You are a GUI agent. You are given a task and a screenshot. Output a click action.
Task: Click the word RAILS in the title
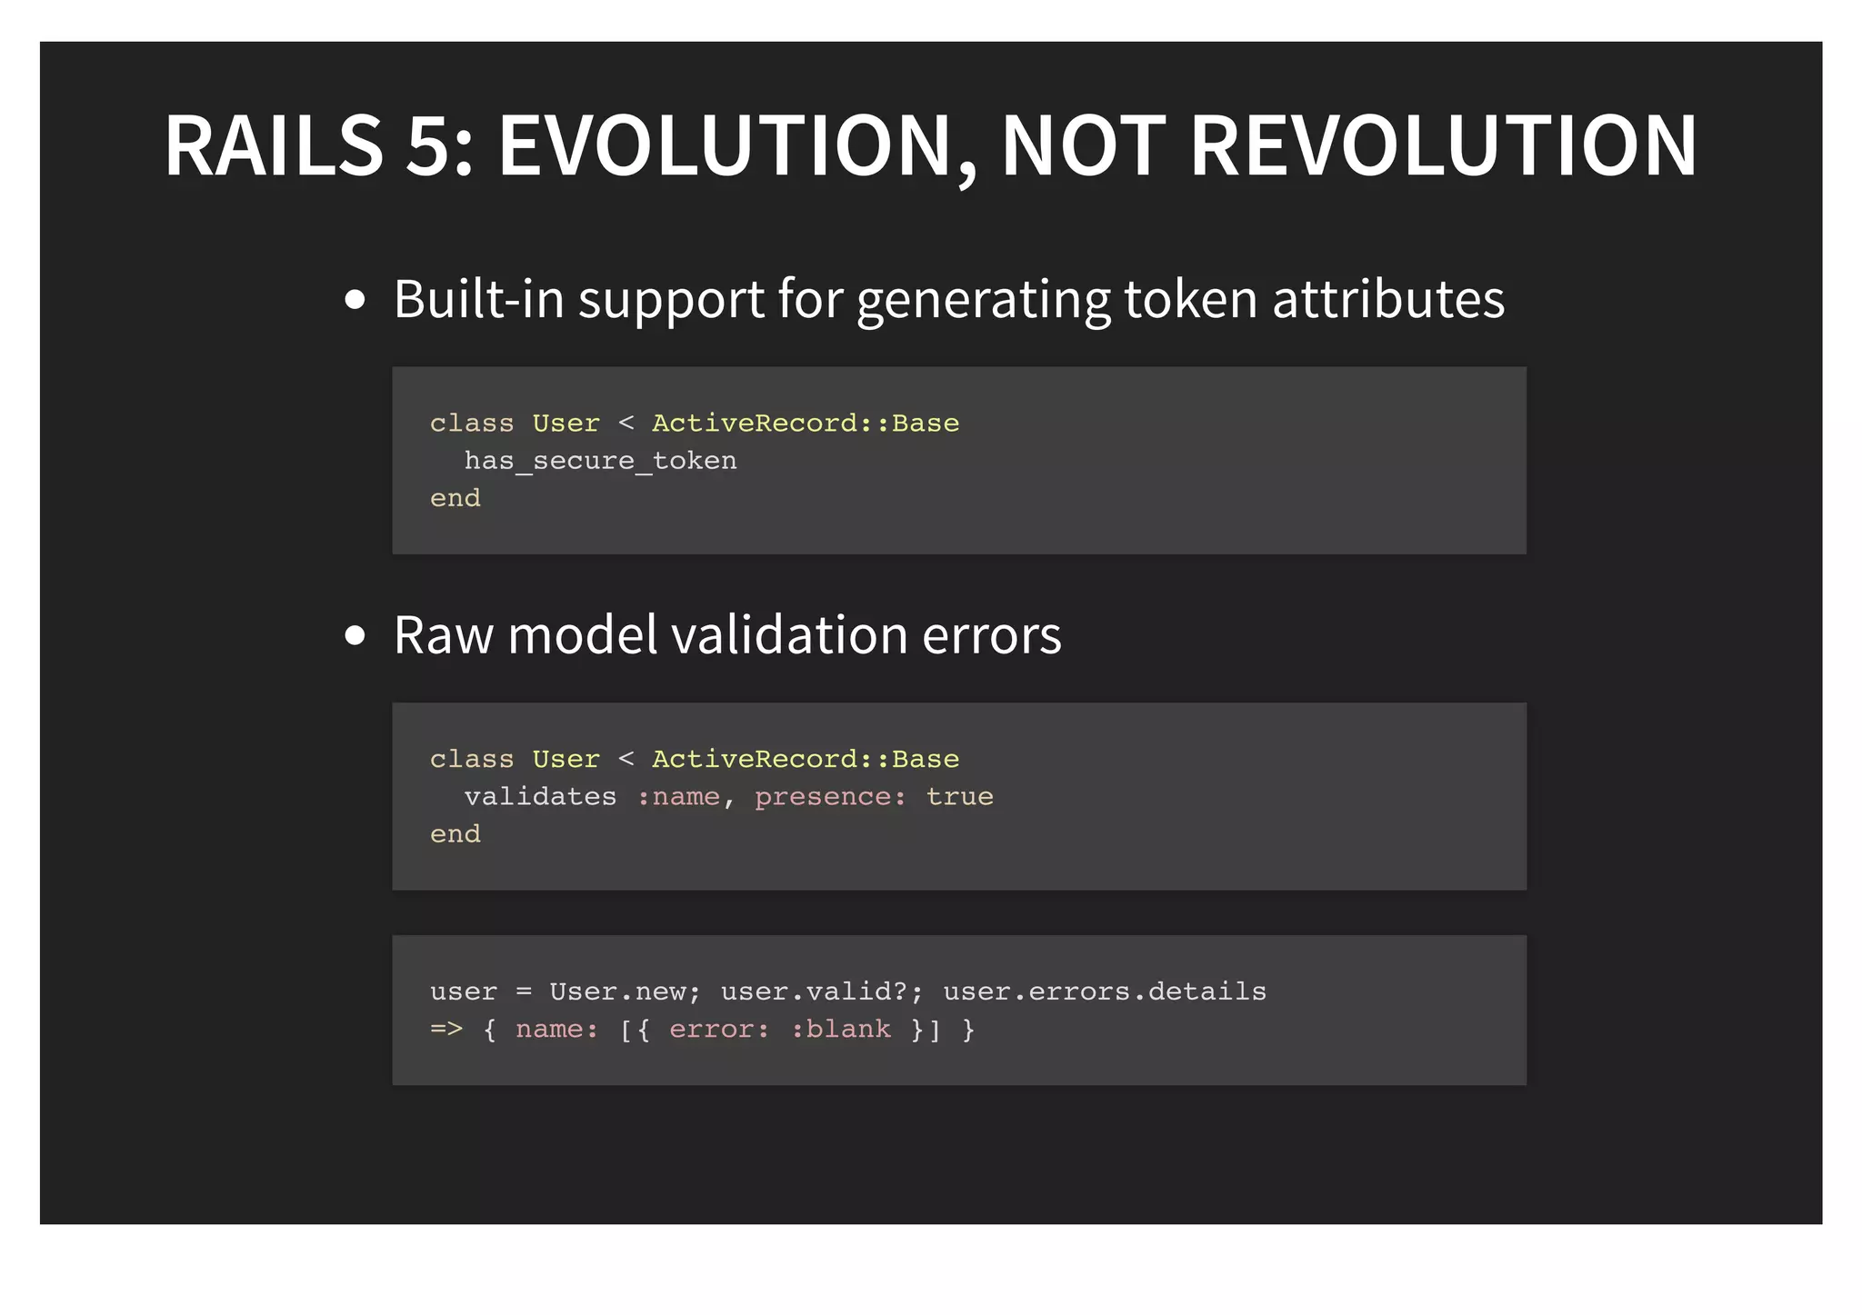[274, 145]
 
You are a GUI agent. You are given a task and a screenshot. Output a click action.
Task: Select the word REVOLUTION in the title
[1443, 145]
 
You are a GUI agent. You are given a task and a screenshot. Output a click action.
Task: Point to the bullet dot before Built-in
[355, 300]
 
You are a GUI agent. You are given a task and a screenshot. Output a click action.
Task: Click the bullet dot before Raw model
[355, 635]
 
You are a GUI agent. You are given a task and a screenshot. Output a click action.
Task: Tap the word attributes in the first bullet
[1388, 299]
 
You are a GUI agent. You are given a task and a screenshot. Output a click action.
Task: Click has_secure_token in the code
[600, 461]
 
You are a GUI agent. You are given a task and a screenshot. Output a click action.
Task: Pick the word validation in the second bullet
[789, 634]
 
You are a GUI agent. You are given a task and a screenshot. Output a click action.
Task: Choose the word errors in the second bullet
[992, 634]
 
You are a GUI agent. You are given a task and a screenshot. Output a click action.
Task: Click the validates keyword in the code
[540, 797]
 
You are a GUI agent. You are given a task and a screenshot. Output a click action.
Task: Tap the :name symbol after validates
[678, 797]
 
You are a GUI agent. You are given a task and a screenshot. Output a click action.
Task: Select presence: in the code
[830, 797]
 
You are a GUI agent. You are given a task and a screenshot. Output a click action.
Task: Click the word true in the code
[959, 797]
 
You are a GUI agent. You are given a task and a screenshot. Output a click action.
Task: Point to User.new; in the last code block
[625, 991]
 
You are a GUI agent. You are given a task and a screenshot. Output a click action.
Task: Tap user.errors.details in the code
[1104, 991]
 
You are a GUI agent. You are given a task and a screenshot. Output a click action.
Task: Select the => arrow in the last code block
[446, 1030]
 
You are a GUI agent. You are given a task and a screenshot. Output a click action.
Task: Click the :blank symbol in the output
[841, 1030]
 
